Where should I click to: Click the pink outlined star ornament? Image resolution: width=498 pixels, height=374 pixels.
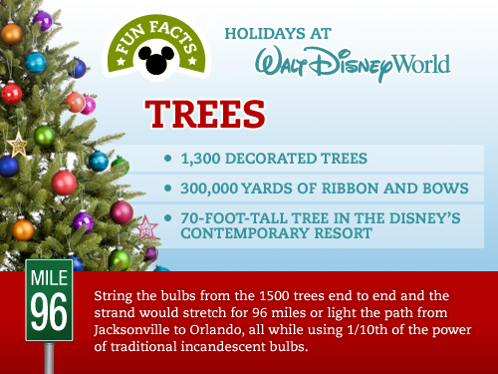[x=147, y=227]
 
